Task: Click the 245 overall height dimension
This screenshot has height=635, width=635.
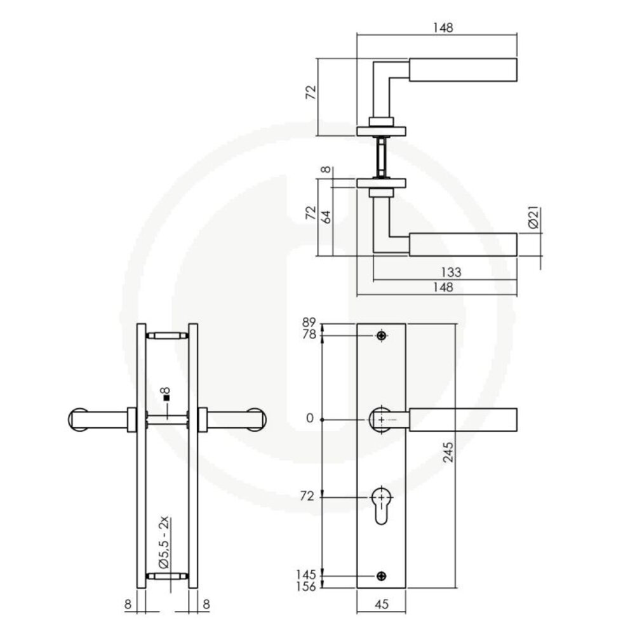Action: click(x=448, y=452)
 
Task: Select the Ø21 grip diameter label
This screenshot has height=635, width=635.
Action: click(x=533, y=218)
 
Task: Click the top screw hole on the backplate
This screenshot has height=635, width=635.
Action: click(x=381, y=335)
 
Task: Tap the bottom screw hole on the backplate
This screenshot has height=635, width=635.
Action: click(x=381, y=576)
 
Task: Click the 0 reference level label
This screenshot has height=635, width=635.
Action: click(x=309, y=419)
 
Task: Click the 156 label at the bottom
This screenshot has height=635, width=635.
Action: click(x=306, y=588)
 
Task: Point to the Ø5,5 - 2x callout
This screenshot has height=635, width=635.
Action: click(x=164, y=544)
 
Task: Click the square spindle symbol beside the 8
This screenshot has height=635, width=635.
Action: click(x=166, y=398)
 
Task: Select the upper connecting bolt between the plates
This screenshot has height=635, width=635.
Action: click(x=168, y=335)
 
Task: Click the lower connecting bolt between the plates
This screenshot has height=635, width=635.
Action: click(x=168, y=576)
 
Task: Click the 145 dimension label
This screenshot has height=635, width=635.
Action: click(x=306, y=575)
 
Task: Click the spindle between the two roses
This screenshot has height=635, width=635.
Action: click(x=380, y=155)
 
